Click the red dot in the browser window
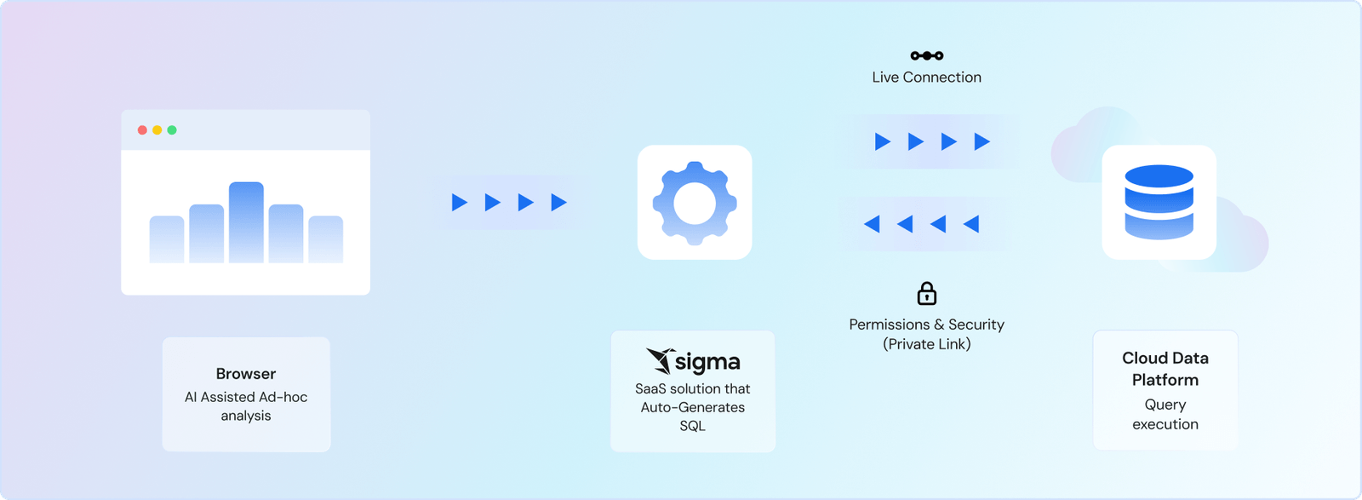tap(142, 130)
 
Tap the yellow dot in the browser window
tap(157, 130)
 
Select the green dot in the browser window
tap(172, 130)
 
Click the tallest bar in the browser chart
tap(246, 222)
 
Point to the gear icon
tap(695, 204)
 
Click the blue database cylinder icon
tap(1159, 202)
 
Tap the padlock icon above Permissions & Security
tap(927, 293)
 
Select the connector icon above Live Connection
tap(927, 56)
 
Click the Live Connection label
tap(927, 78)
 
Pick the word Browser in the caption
tap(246, 373)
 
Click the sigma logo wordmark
tap(707, 363)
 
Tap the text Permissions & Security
tap(927, 325)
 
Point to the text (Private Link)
tap(927, 344)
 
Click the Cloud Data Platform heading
tap(1165, 369)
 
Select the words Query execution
tap(1165, 414)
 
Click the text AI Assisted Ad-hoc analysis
tap(246, 406)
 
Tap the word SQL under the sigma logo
tap(693, 426)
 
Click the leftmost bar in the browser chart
tap(167, 239)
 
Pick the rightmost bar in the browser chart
tap(326, 239)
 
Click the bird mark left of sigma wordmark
tap(660, 360)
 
